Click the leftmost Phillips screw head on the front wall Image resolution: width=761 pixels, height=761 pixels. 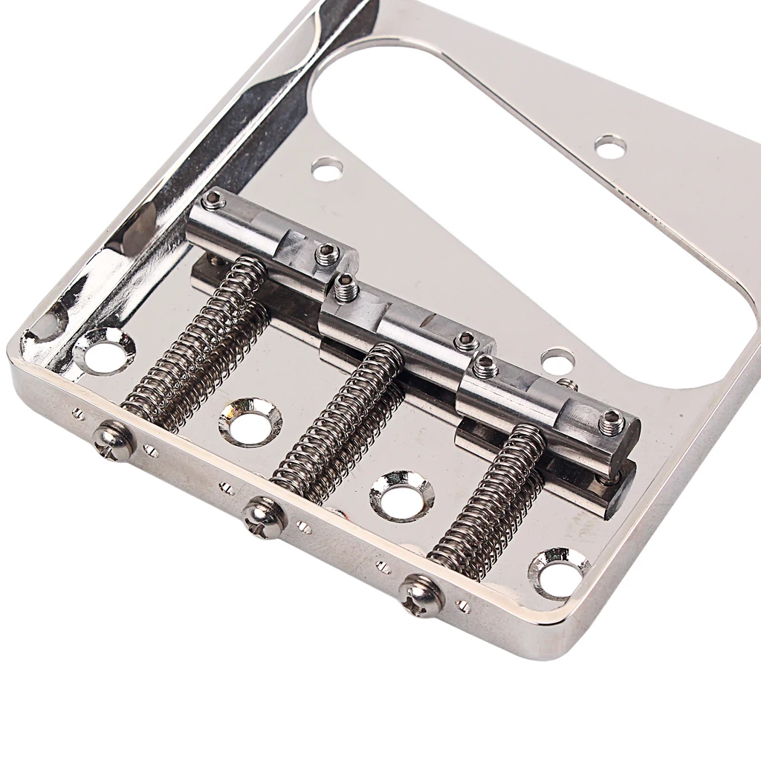click(117, 438)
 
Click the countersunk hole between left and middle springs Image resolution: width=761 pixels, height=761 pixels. click(250, 422)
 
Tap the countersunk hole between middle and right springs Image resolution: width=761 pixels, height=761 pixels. click(401, 495)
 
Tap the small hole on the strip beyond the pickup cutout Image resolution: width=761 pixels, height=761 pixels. click(610, 146)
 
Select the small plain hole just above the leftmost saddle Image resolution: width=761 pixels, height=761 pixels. click(326, 168)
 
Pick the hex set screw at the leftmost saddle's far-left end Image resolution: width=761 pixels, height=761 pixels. click(215, 198)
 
